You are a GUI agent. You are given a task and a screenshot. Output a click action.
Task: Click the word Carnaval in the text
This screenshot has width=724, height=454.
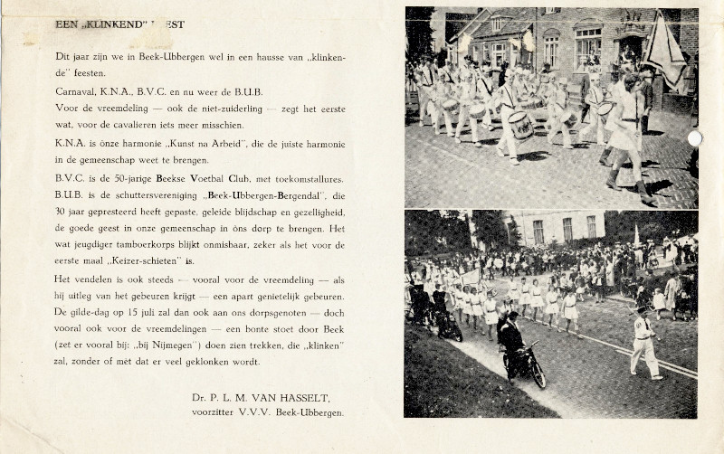tap(75, 92)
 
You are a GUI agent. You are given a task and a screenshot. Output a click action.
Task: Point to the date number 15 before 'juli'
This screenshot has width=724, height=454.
tap(156, 310)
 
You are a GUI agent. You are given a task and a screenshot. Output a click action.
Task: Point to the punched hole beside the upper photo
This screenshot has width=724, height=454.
tap(694, 138)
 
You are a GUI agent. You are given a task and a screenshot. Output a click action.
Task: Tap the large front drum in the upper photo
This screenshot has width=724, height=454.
tap(522, 125)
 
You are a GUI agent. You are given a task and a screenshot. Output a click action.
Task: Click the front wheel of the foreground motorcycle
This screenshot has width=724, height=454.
tap(536, 374)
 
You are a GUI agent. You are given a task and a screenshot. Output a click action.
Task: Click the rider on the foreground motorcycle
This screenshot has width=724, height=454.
tap(511, 339)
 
